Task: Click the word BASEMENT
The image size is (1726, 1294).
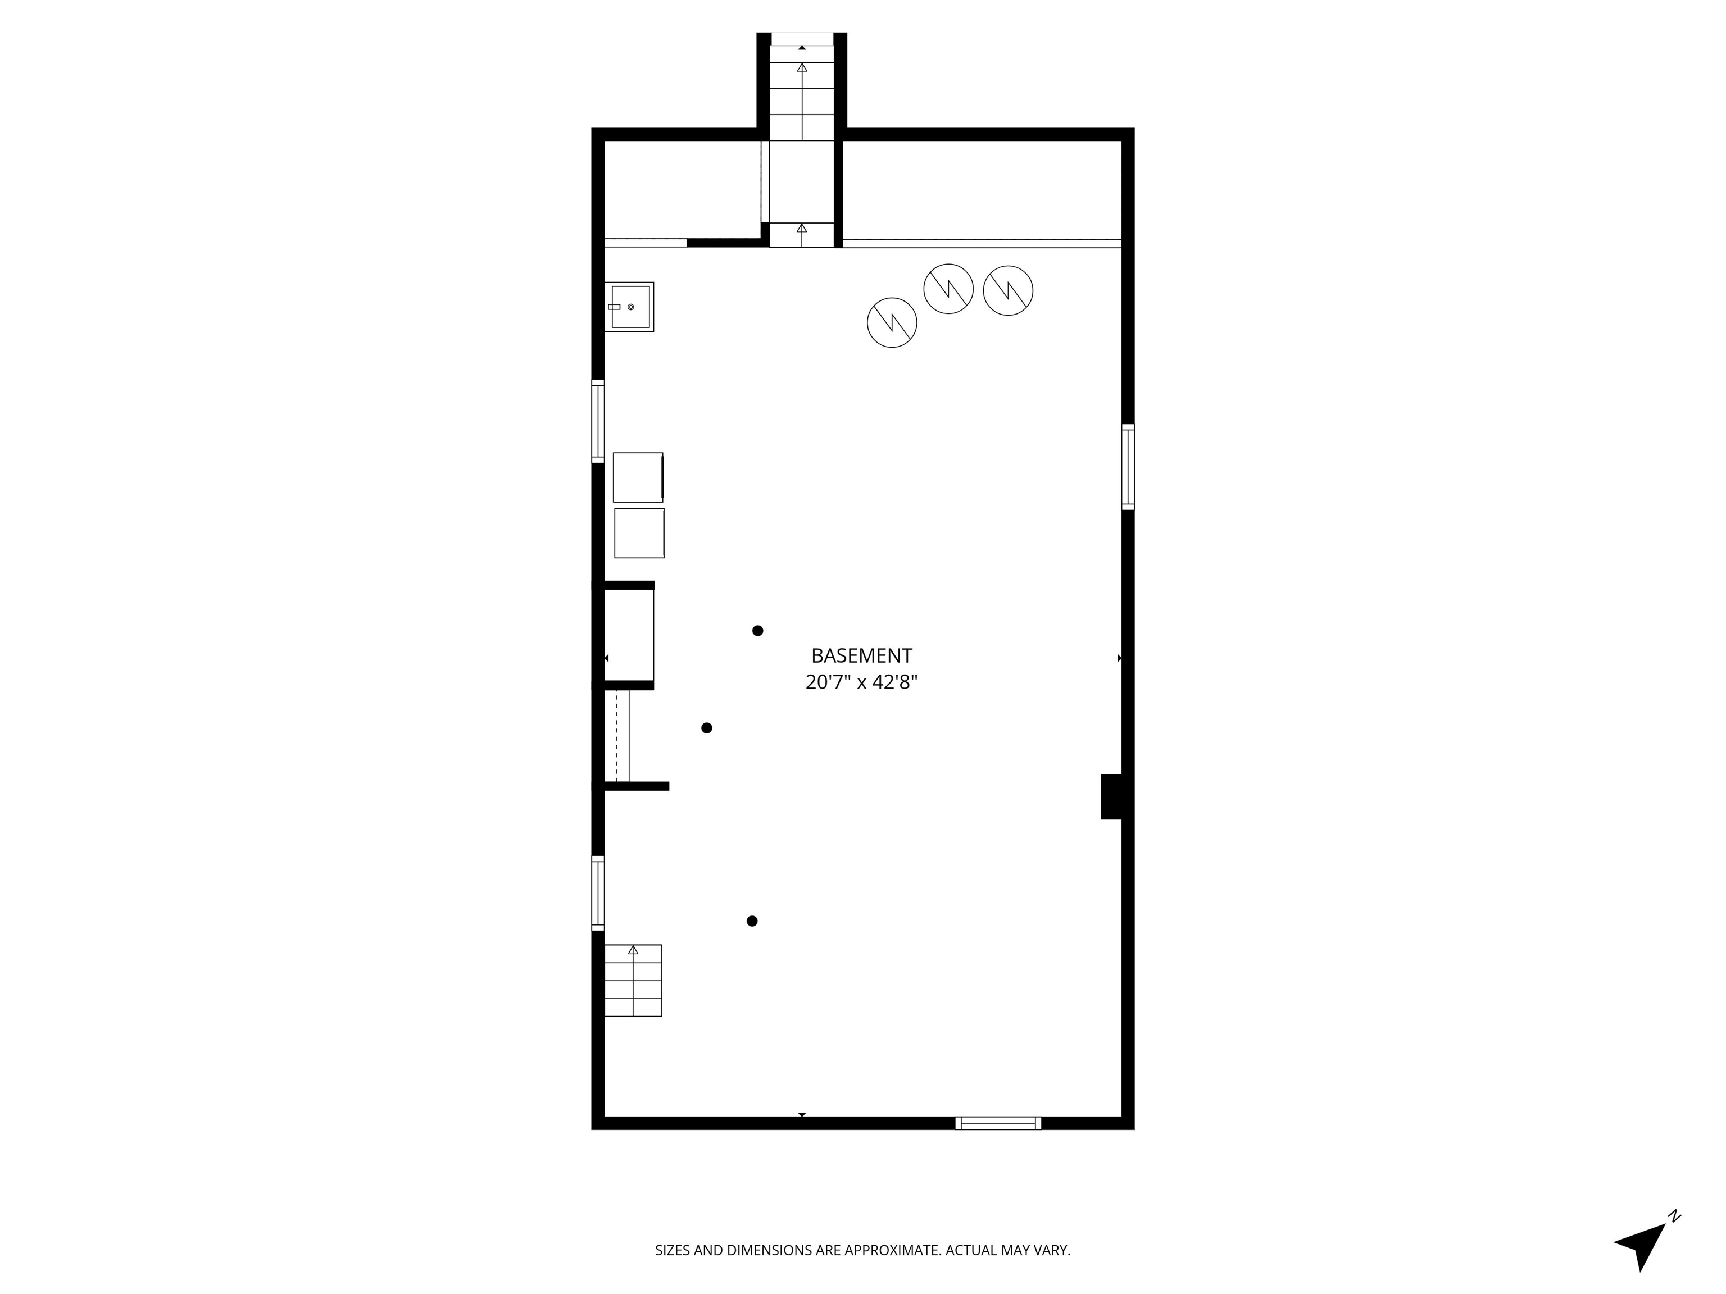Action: pos(861,655)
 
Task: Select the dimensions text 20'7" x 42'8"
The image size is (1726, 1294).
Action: pos(861,682)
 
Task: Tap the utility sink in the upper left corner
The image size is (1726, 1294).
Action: pos(629,307)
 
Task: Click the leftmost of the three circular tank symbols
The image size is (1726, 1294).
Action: pos(892,322)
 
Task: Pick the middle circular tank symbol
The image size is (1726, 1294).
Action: pos(948,289)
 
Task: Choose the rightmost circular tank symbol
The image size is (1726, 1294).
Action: pos(1008,290)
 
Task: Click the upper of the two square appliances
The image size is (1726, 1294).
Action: pos(638,477)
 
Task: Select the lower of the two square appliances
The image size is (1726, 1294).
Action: pos(639,534)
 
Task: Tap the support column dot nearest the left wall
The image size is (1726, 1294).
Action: pos(707,728)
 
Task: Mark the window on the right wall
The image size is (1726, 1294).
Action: pos(1128,466)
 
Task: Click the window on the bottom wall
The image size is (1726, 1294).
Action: pos(998,1123)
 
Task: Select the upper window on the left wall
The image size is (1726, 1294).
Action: pos(598,421)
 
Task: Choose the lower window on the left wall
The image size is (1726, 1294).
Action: pos(598,893)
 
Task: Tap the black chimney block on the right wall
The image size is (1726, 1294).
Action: pos(1112,796)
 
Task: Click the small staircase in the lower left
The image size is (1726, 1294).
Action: pos(633,981)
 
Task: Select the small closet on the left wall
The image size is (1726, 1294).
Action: pos(629,636)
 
